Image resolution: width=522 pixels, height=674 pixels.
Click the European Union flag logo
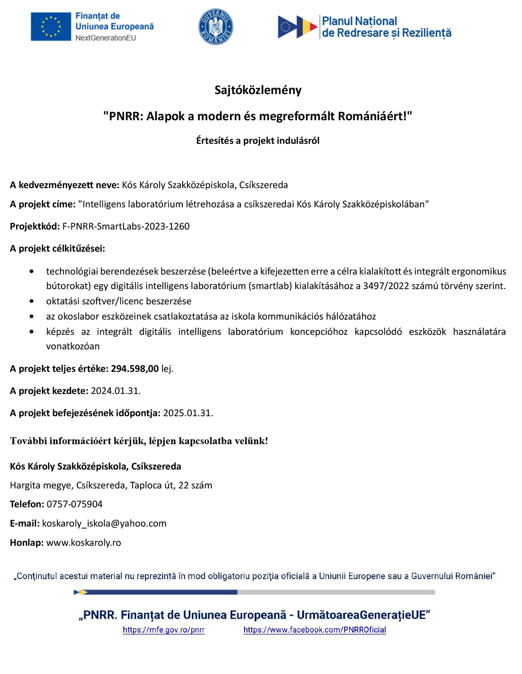click(50, 27)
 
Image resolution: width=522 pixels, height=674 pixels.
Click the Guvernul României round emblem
click(216, 27)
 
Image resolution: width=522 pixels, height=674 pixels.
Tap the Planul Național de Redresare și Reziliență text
click(386, 27)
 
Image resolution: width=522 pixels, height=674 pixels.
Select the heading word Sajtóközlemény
click(258, 90)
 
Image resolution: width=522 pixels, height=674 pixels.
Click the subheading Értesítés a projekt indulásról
click(258, 140)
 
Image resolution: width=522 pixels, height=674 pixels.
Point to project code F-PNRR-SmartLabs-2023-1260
click(126, 226)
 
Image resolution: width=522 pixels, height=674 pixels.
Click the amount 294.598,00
click(135, 369)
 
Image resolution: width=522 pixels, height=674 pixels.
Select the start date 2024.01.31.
click(116, 391)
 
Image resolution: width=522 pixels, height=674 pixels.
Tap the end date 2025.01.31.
click(188, 413)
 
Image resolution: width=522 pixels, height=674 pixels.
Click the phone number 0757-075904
click(74, 504)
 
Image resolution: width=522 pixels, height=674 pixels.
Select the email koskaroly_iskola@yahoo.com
click(104, 523)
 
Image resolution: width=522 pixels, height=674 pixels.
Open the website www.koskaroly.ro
click(84, 543)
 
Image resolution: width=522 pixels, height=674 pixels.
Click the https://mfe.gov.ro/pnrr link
click(164, 630)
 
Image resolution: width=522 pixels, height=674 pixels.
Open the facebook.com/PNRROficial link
click(315, 630)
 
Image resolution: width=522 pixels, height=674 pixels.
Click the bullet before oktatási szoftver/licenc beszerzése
click(31, 301)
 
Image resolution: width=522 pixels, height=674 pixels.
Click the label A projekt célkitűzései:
click(57, 249)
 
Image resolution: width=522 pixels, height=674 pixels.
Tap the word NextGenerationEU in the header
click(106, 38)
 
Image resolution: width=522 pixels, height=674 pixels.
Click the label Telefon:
click(27, 504)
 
